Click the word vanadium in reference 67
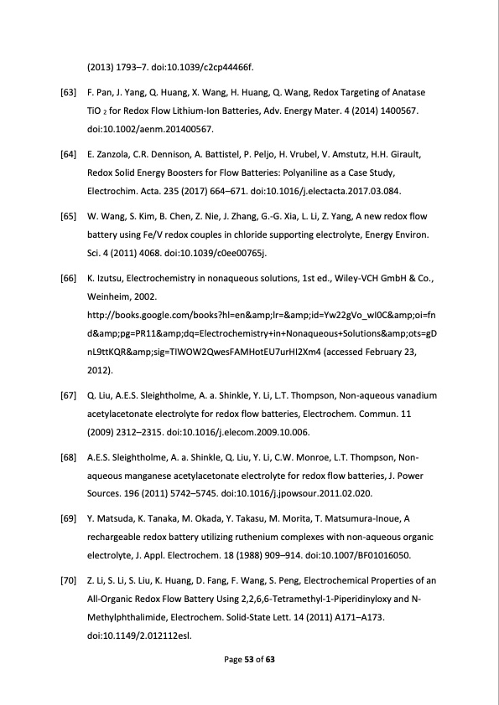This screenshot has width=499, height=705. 413,394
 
